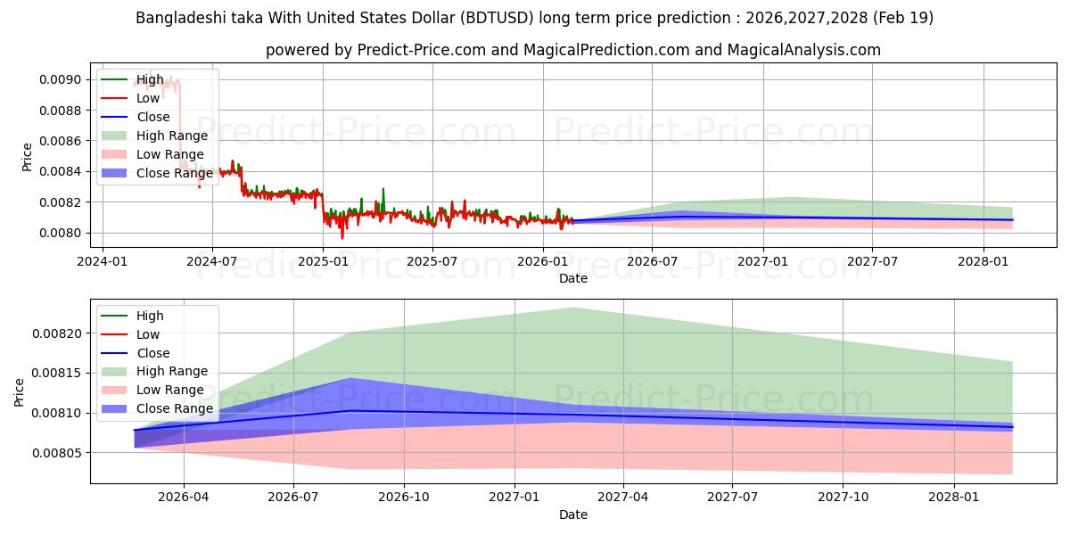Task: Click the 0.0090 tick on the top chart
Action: point(61,79)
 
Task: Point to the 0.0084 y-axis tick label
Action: point(61,171)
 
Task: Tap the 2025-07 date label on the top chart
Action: point(432,262)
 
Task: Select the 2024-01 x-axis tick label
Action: point(103,262)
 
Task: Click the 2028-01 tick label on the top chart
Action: point(983,262)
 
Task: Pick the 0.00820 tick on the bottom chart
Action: point(57,333)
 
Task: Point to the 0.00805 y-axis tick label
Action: point(57,453)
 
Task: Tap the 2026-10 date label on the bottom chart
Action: point(404,498)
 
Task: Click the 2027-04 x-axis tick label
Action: point(623,498)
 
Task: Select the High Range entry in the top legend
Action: point(155,136)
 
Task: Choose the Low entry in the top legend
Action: point(130,98)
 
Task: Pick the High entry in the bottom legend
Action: point(132,316)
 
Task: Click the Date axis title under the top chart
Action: point(573,278)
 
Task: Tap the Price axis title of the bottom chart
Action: point(19,392)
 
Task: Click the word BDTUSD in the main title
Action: point(498,18)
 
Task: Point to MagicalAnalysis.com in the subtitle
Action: point(804,50)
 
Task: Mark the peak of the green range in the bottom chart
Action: point(573,309)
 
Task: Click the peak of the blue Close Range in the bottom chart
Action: point(350,378)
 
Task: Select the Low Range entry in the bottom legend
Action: point(152,390)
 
